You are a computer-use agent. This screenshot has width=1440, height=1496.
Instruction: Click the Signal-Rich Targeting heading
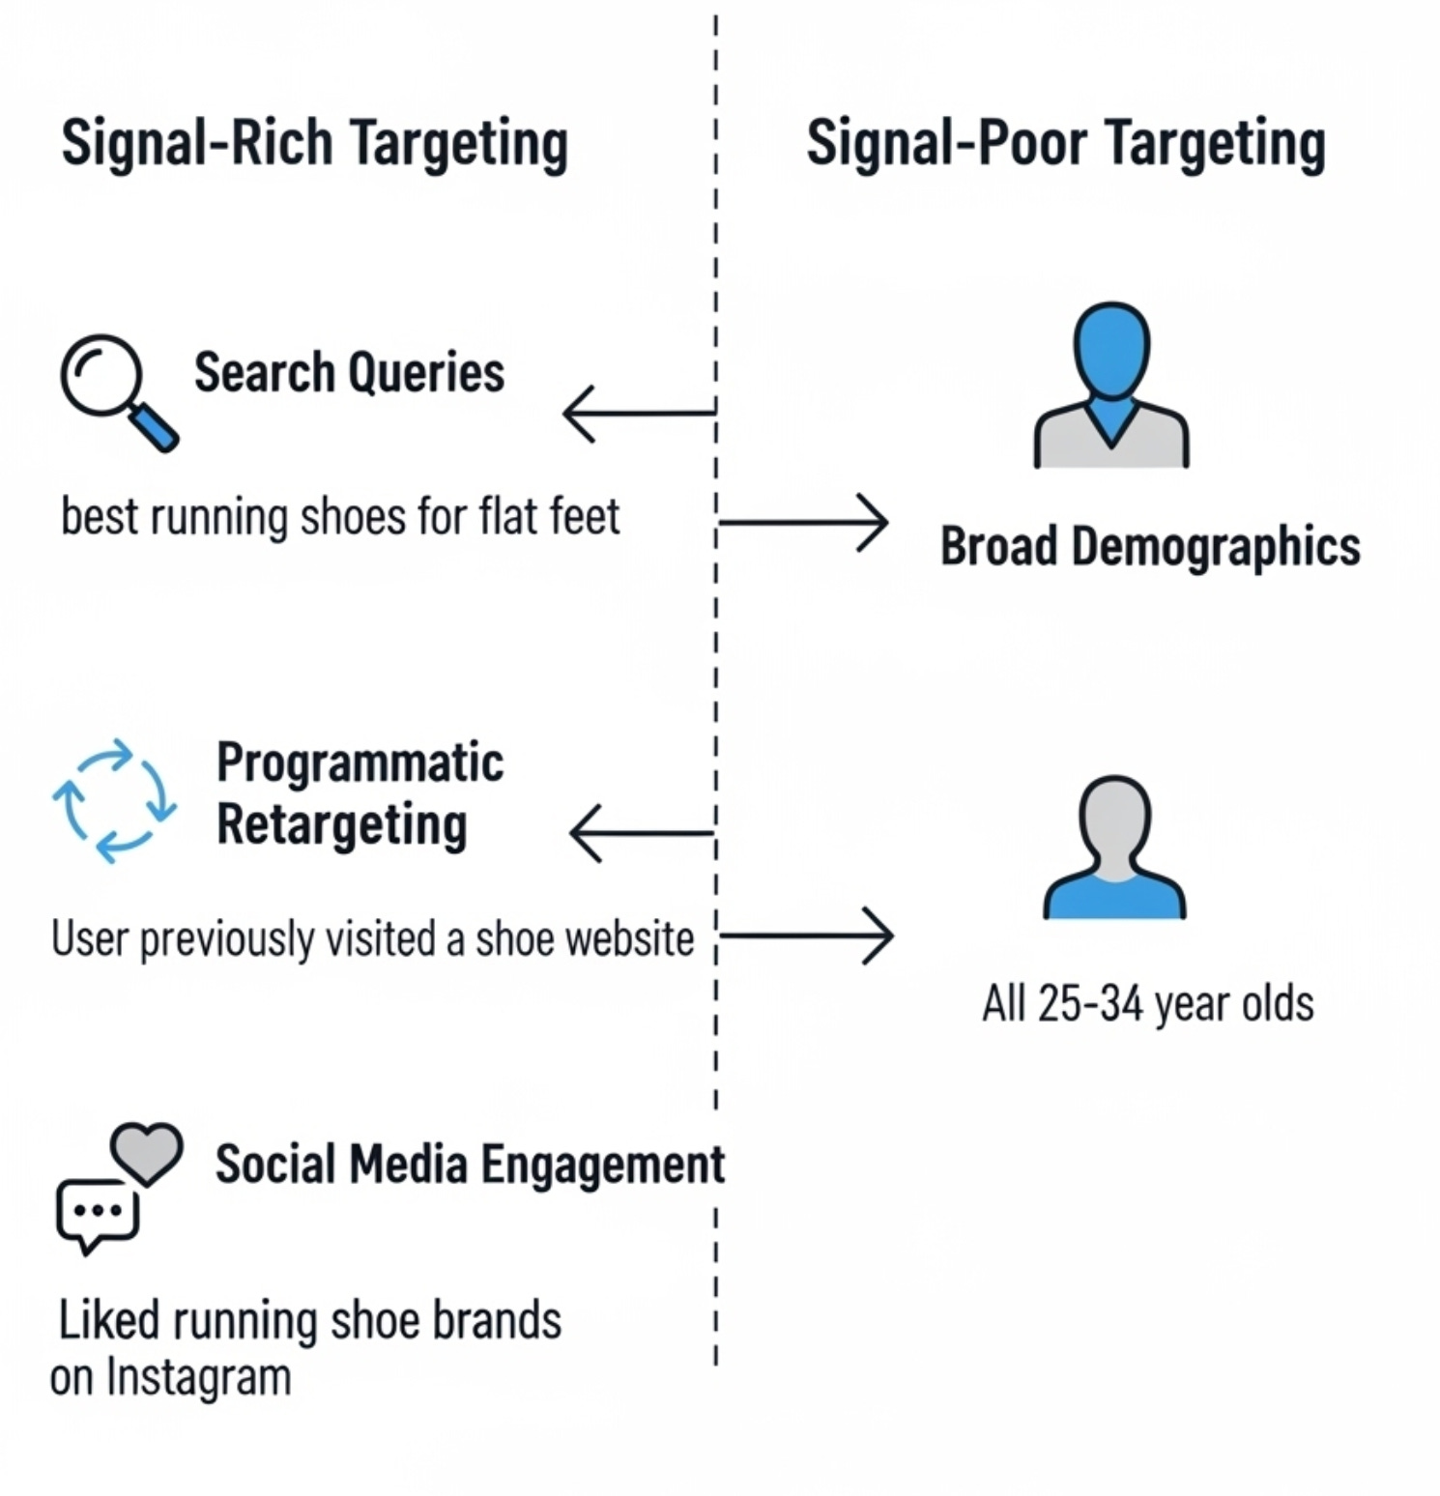pyautogui.click(x=314, y=143)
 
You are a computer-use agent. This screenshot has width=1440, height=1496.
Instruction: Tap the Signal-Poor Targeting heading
pyautogui.click(x=1065, y=143)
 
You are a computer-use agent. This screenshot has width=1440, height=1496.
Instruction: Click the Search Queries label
pyautogui.click(x=349, y=372)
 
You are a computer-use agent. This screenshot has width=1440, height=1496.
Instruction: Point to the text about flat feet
pyautogui.click(x=340, y=516)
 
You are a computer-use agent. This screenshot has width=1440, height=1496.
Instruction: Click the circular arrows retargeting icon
pyautogui.click(x=115, y=800)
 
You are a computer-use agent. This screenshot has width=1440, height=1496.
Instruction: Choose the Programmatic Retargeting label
pyautogui.click(x=359, y=793)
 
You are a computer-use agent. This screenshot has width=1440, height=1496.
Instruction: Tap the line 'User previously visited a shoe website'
pyautogui.click(x=372, y=938)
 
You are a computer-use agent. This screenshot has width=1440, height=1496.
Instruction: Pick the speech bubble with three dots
pyautogui.click(x=98, y=1214)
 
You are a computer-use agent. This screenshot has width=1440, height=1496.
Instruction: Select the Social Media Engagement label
pyautogui.click(x=470, y=1164)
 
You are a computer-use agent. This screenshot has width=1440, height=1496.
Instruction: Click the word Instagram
pyautogui.click(x=198, y=1377)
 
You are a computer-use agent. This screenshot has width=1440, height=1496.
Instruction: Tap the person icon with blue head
pyautogui.click(x=1111, y=387)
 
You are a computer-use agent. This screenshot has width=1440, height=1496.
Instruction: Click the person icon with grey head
pyautogui.click(x=1114, y=848)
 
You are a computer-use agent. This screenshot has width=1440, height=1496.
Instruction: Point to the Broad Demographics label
pyautogui.click(x=1150, y=546)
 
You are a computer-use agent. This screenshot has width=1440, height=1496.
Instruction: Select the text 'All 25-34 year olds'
pyautogui.click(x=1148, y=1003)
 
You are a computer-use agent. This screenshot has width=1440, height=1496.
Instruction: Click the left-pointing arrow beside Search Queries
pyautogui.click(x=638, y=413)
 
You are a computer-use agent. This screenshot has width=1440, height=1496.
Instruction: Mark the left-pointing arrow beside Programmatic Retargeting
pyautogui.click(x=642, y=833)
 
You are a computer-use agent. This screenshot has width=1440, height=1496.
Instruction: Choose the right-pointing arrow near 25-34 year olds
pyautogui.click(x=808, y=935)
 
